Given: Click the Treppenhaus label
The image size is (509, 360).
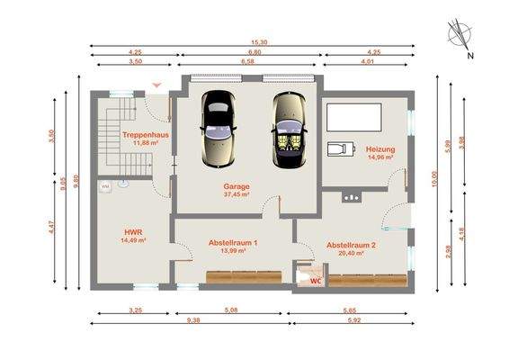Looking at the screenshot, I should tap(145, 135).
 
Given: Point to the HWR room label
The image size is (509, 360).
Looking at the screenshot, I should tap(133, 231).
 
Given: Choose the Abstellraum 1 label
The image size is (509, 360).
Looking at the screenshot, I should tap(233, 243).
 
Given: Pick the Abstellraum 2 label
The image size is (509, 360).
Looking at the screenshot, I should tap(351, 245).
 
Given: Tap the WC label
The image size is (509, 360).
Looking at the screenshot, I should tap(315, 281).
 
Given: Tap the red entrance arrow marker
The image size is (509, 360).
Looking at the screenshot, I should tap(158, 85).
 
